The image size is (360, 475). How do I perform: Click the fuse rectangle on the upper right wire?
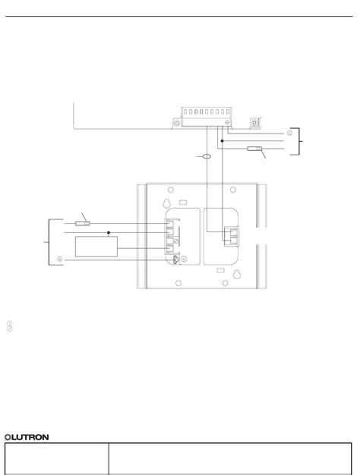pyautogui.click(x=254, y=151)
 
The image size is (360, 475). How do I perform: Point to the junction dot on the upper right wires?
pyautogui.click(x=221, y=140)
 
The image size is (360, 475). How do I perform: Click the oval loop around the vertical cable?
pyautogui.click(x=204, y=157)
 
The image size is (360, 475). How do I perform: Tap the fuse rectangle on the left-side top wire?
pyautogui.click(x=86, y=224)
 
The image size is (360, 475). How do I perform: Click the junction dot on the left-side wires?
pyautogui.click(x=109, y=232)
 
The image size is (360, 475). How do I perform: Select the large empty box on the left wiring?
pyautogui.click(x=96, y=248)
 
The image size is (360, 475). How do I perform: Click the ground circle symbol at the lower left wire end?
pyautogui.click(x=59, y=260)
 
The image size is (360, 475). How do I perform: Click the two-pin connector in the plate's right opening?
pyautogui.click(x=229, y=235)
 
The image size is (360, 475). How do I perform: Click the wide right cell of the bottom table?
pyautogui.click(x=232, y=458)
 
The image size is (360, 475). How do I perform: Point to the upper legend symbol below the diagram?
pyautogui.click(x=9, y=322)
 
